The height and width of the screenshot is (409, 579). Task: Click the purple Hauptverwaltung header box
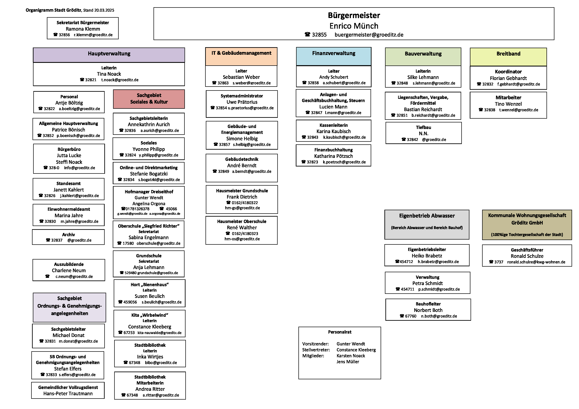coord(109,55)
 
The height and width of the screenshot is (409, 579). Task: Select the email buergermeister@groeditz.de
coord(369,35)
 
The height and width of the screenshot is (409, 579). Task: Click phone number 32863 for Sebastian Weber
coord(223,83)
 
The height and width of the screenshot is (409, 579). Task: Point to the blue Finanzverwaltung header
coord(334,56)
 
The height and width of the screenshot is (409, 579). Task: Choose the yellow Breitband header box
coord(508,57)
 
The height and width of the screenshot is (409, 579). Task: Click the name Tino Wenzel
coord(508,104)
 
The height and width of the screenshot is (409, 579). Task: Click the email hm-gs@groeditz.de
coord(242,208)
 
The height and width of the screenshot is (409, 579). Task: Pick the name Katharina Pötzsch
coord(333,156)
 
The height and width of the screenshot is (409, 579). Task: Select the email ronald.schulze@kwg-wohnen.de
coord(536,262)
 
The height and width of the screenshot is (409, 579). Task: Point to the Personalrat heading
coord(340,332)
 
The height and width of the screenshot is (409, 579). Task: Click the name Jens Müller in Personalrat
coord(348,362)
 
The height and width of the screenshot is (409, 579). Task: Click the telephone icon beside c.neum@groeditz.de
coord(47,276)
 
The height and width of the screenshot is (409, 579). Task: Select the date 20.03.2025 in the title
coord(104,10)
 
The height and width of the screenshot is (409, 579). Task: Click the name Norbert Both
coord(428,310)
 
